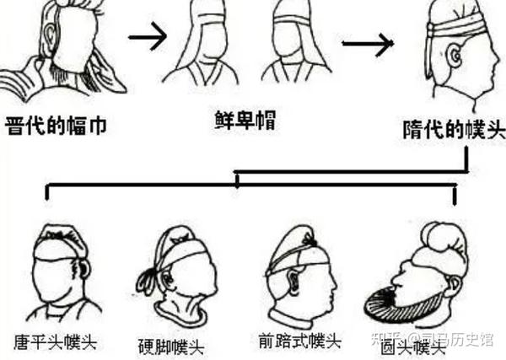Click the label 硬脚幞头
point(172,345)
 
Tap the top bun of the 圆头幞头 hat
point(442,240)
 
